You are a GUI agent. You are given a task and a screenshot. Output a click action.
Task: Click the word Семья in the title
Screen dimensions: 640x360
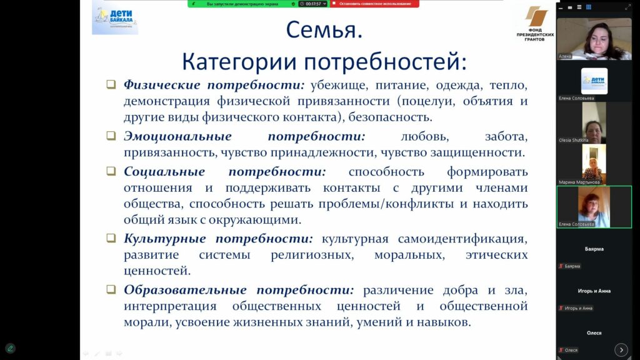pyautogui.click(x=321, y=30)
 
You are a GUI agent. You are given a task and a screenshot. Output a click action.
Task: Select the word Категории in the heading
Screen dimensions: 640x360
pyautogui.click(x=239, y=62)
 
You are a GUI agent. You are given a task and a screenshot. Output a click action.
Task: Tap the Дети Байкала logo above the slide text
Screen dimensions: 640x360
pyautogui.click(x=115, y=18)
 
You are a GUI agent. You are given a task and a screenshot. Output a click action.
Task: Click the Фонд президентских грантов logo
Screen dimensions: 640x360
pyautogui.click(x=535, y=23)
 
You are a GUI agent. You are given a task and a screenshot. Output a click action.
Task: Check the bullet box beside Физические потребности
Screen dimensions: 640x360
pyautogui.click(x=111, y=84)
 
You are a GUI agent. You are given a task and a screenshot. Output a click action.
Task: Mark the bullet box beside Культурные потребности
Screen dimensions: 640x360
pyautogui.click(x=111, y=237)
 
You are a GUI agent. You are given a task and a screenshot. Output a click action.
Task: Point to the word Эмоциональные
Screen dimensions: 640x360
pyautogui.click(x=177, y=136)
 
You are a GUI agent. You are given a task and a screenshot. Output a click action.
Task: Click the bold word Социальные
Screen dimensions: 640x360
pyautogui.click(x=164, y=171)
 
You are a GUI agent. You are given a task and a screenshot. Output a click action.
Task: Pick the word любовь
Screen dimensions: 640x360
pyautogui.click(x=425, y=137)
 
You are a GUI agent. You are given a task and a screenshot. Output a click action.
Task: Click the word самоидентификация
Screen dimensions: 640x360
pyautogui.click(x=462, y=239)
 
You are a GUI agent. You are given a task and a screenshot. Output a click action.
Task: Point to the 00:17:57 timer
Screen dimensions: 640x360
pyautogui.click(x=313, y=4)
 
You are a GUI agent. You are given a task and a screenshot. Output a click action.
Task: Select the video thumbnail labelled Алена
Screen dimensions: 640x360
pyautogui.click(x=594, y=39)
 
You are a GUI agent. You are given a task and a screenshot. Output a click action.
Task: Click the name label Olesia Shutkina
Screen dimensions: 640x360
pyautogui.click(x=574, y=140)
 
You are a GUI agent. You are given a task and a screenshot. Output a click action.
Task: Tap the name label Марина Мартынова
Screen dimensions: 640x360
pyautogui.click(x=579, y=182)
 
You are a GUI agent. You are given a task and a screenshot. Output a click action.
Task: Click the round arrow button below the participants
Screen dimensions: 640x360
pyautogui.click(x=621, y=350)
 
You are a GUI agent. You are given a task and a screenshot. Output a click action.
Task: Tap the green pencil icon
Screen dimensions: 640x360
pyautogui.click(x=10, y=349)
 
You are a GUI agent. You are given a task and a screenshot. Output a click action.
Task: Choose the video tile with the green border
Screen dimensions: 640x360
pyautogui.click(x=594, y=207)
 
